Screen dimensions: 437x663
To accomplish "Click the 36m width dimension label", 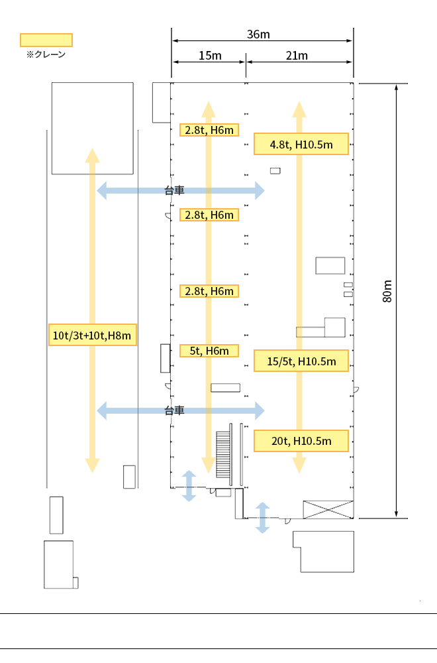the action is point(258,34).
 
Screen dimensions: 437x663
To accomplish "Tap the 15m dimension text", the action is point(211,56).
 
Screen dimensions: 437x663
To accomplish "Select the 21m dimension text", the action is point(297,56).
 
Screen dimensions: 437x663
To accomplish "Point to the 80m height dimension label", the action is point(387,291).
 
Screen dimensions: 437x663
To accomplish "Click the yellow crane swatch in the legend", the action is point(46,40).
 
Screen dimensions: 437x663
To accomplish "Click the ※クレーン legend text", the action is point(46,54).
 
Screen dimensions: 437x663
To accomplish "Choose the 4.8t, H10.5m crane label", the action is point(301,144).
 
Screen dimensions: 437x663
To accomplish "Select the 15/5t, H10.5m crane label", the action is point(301,361).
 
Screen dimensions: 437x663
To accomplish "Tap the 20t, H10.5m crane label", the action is point(301,441).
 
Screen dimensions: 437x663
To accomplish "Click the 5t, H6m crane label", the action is point(209,351).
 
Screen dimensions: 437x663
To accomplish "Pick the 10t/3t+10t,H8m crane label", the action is point(93,335).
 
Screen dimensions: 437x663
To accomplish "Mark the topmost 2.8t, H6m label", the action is point(209,130).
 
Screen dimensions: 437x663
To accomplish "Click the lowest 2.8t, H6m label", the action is point(209,291).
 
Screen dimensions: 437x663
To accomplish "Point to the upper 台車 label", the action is point(174,191).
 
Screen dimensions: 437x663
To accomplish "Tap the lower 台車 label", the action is point(174,410).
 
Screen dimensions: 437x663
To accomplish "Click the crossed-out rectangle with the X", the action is point(328,509).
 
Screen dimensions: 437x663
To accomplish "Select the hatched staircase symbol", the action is point(224,454).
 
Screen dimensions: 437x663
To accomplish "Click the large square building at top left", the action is point(93,128).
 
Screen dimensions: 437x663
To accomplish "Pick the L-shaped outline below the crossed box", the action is point(323,552).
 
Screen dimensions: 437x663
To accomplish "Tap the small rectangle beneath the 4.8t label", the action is point(275,171).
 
